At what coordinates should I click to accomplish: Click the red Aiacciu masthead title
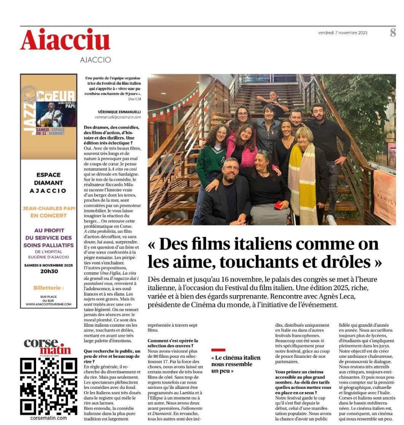click(65, 41)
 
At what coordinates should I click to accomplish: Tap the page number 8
click(392, 33)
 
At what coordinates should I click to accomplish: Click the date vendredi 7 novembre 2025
click(343, 33)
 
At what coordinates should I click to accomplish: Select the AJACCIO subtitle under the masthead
click(95, 60)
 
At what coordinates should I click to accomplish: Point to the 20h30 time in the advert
click(49, 271)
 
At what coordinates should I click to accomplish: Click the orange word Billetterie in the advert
click(49, 288)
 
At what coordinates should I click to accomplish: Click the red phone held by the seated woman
click(279, 205)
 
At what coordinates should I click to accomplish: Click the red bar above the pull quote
click(218, 350)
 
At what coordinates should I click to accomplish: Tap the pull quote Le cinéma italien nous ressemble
click(236, 364)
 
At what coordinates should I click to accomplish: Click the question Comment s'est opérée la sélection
click(173, 343)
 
